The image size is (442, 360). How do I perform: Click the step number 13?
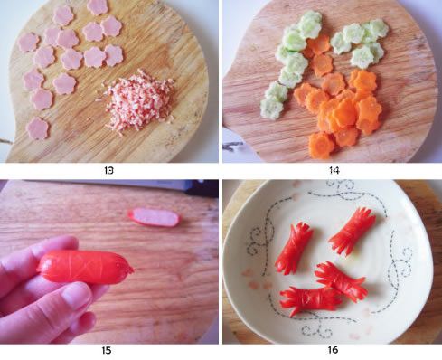[108, 171]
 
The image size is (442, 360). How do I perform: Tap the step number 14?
[334, 171]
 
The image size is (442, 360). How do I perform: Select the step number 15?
[107, 351]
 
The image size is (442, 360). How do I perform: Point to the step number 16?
[333, 350]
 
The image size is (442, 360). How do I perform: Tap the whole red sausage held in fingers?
[85, 267]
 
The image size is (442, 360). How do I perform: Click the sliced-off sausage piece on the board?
[154, 217]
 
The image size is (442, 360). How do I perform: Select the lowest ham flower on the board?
[38, 128]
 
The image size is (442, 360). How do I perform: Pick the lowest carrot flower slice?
[322, 146]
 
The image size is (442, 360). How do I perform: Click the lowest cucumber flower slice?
[272, 108]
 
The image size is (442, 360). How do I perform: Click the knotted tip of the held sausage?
[130, 270]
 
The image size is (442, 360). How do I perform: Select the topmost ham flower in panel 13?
[98, 6]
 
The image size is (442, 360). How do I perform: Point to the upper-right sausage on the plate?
[353, 231]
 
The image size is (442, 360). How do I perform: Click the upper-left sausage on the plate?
[293, 248]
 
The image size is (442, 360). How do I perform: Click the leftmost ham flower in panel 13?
[28, 42]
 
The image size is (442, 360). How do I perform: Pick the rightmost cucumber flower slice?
[377, 29]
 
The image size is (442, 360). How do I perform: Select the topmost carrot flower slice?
[319, 44]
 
